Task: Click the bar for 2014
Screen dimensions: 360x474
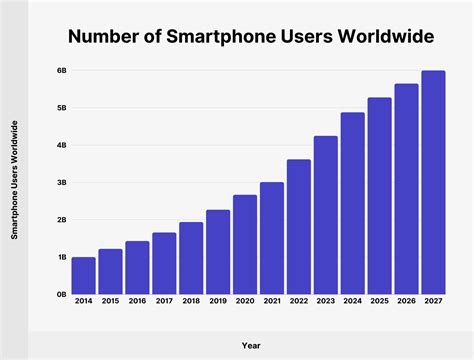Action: pyautogui.click(x=84, y=276)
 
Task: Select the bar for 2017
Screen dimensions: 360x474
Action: pyautogui.click(x=165, y=264)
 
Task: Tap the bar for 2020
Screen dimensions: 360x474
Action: pyautogui.click(x=245, y=245)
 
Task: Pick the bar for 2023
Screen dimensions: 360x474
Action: pyautogui.click(x=326, y=215)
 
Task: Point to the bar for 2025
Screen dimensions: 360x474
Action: pyautogui.click(x=380, y=196)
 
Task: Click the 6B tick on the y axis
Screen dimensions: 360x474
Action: pyautogui.click(x=60, y=71)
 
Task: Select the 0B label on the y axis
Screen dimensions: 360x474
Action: pyautogui.click(x=60, y=295)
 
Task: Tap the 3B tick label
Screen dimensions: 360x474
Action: pyautogui.click(x=60, y=183)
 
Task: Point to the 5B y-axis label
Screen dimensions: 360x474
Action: pyautogui.click(x=60, y=108)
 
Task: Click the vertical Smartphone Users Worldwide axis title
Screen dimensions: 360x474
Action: pyautogui.click(x=14, y=180)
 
